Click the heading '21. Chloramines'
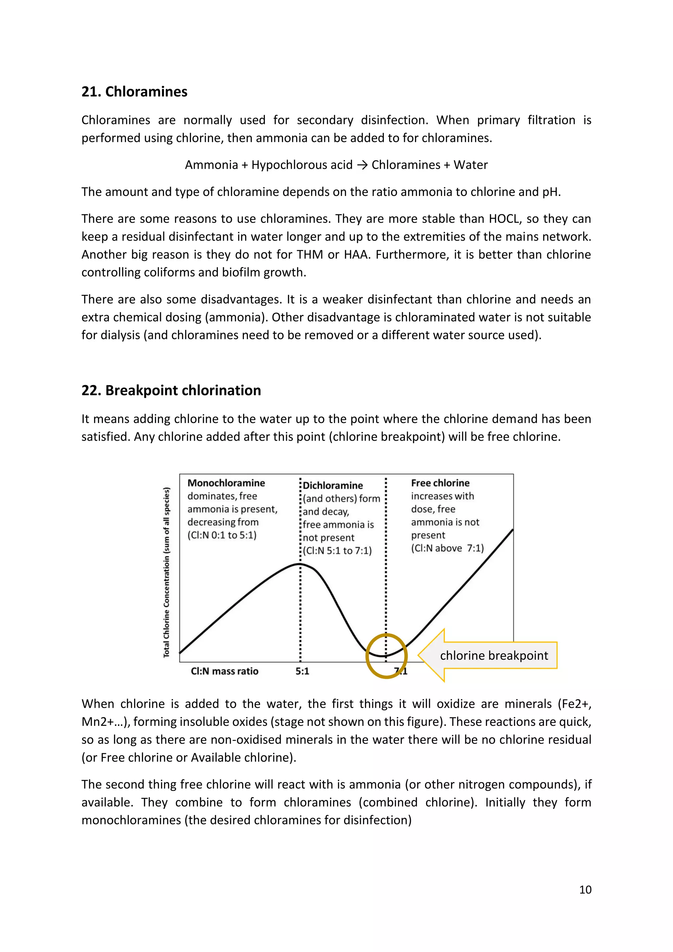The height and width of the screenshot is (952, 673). (x=134, y=92)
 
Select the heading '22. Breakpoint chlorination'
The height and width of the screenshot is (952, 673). (x=171, y=391)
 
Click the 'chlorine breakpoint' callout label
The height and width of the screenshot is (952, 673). (x=494, y=655)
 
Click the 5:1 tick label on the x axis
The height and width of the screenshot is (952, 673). (x=302, y=671)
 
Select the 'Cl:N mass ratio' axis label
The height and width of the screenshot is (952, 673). (x=224, y=671)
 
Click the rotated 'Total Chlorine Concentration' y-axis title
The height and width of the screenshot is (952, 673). (x=167, y=572)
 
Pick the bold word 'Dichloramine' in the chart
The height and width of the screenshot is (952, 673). (x=333, y=486)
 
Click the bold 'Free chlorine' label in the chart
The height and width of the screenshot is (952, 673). (x=440, y=483)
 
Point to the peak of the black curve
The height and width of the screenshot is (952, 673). (x=300, y=564)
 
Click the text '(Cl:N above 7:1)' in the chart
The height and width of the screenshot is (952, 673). (x=447, y=548)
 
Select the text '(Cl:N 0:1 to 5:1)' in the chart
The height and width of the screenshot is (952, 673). (x=222, y=535)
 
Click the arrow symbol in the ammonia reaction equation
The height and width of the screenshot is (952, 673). (x=362, y=165)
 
